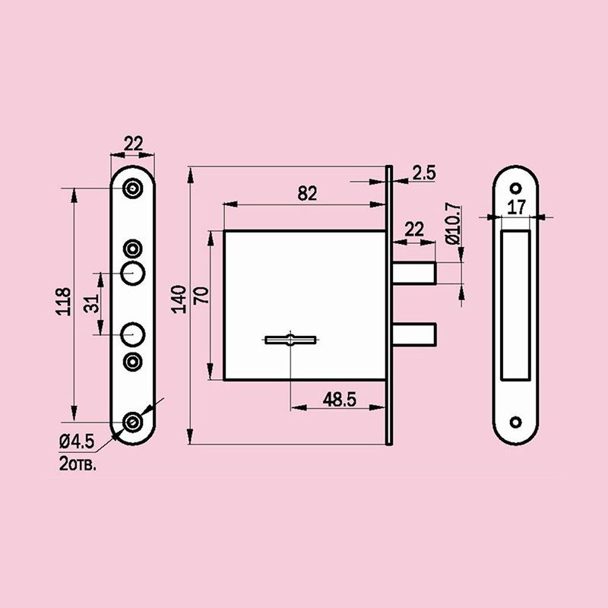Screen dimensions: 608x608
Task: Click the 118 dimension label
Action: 63,301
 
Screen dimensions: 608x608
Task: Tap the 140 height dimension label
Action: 179,299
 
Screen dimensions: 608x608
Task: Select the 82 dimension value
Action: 307,194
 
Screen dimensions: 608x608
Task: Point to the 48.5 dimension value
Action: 339,399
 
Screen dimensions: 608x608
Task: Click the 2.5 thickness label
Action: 424,173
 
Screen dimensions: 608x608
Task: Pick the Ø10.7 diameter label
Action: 454,223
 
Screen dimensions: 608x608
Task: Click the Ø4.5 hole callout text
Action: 77,442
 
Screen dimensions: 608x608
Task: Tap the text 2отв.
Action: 78,464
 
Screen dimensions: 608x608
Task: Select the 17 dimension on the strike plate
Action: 516,207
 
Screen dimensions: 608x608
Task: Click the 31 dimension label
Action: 91,303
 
